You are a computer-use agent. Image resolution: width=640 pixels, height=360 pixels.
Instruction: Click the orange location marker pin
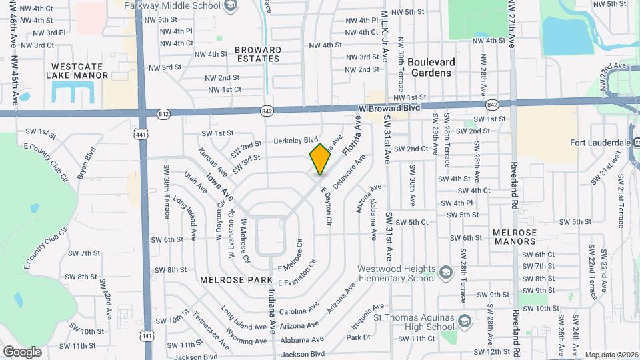321,159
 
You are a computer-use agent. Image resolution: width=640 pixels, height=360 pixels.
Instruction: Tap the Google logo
22,352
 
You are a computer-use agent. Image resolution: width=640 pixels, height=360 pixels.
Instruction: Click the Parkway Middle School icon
231,6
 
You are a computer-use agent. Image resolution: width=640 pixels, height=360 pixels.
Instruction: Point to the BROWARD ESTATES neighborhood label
257,54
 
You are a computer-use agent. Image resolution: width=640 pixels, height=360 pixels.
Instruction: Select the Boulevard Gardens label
431,67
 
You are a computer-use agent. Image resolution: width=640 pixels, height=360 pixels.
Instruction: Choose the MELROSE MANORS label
515,236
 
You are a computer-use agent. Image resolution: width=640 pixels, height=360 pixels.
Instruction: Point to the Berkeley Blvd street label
296,141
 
